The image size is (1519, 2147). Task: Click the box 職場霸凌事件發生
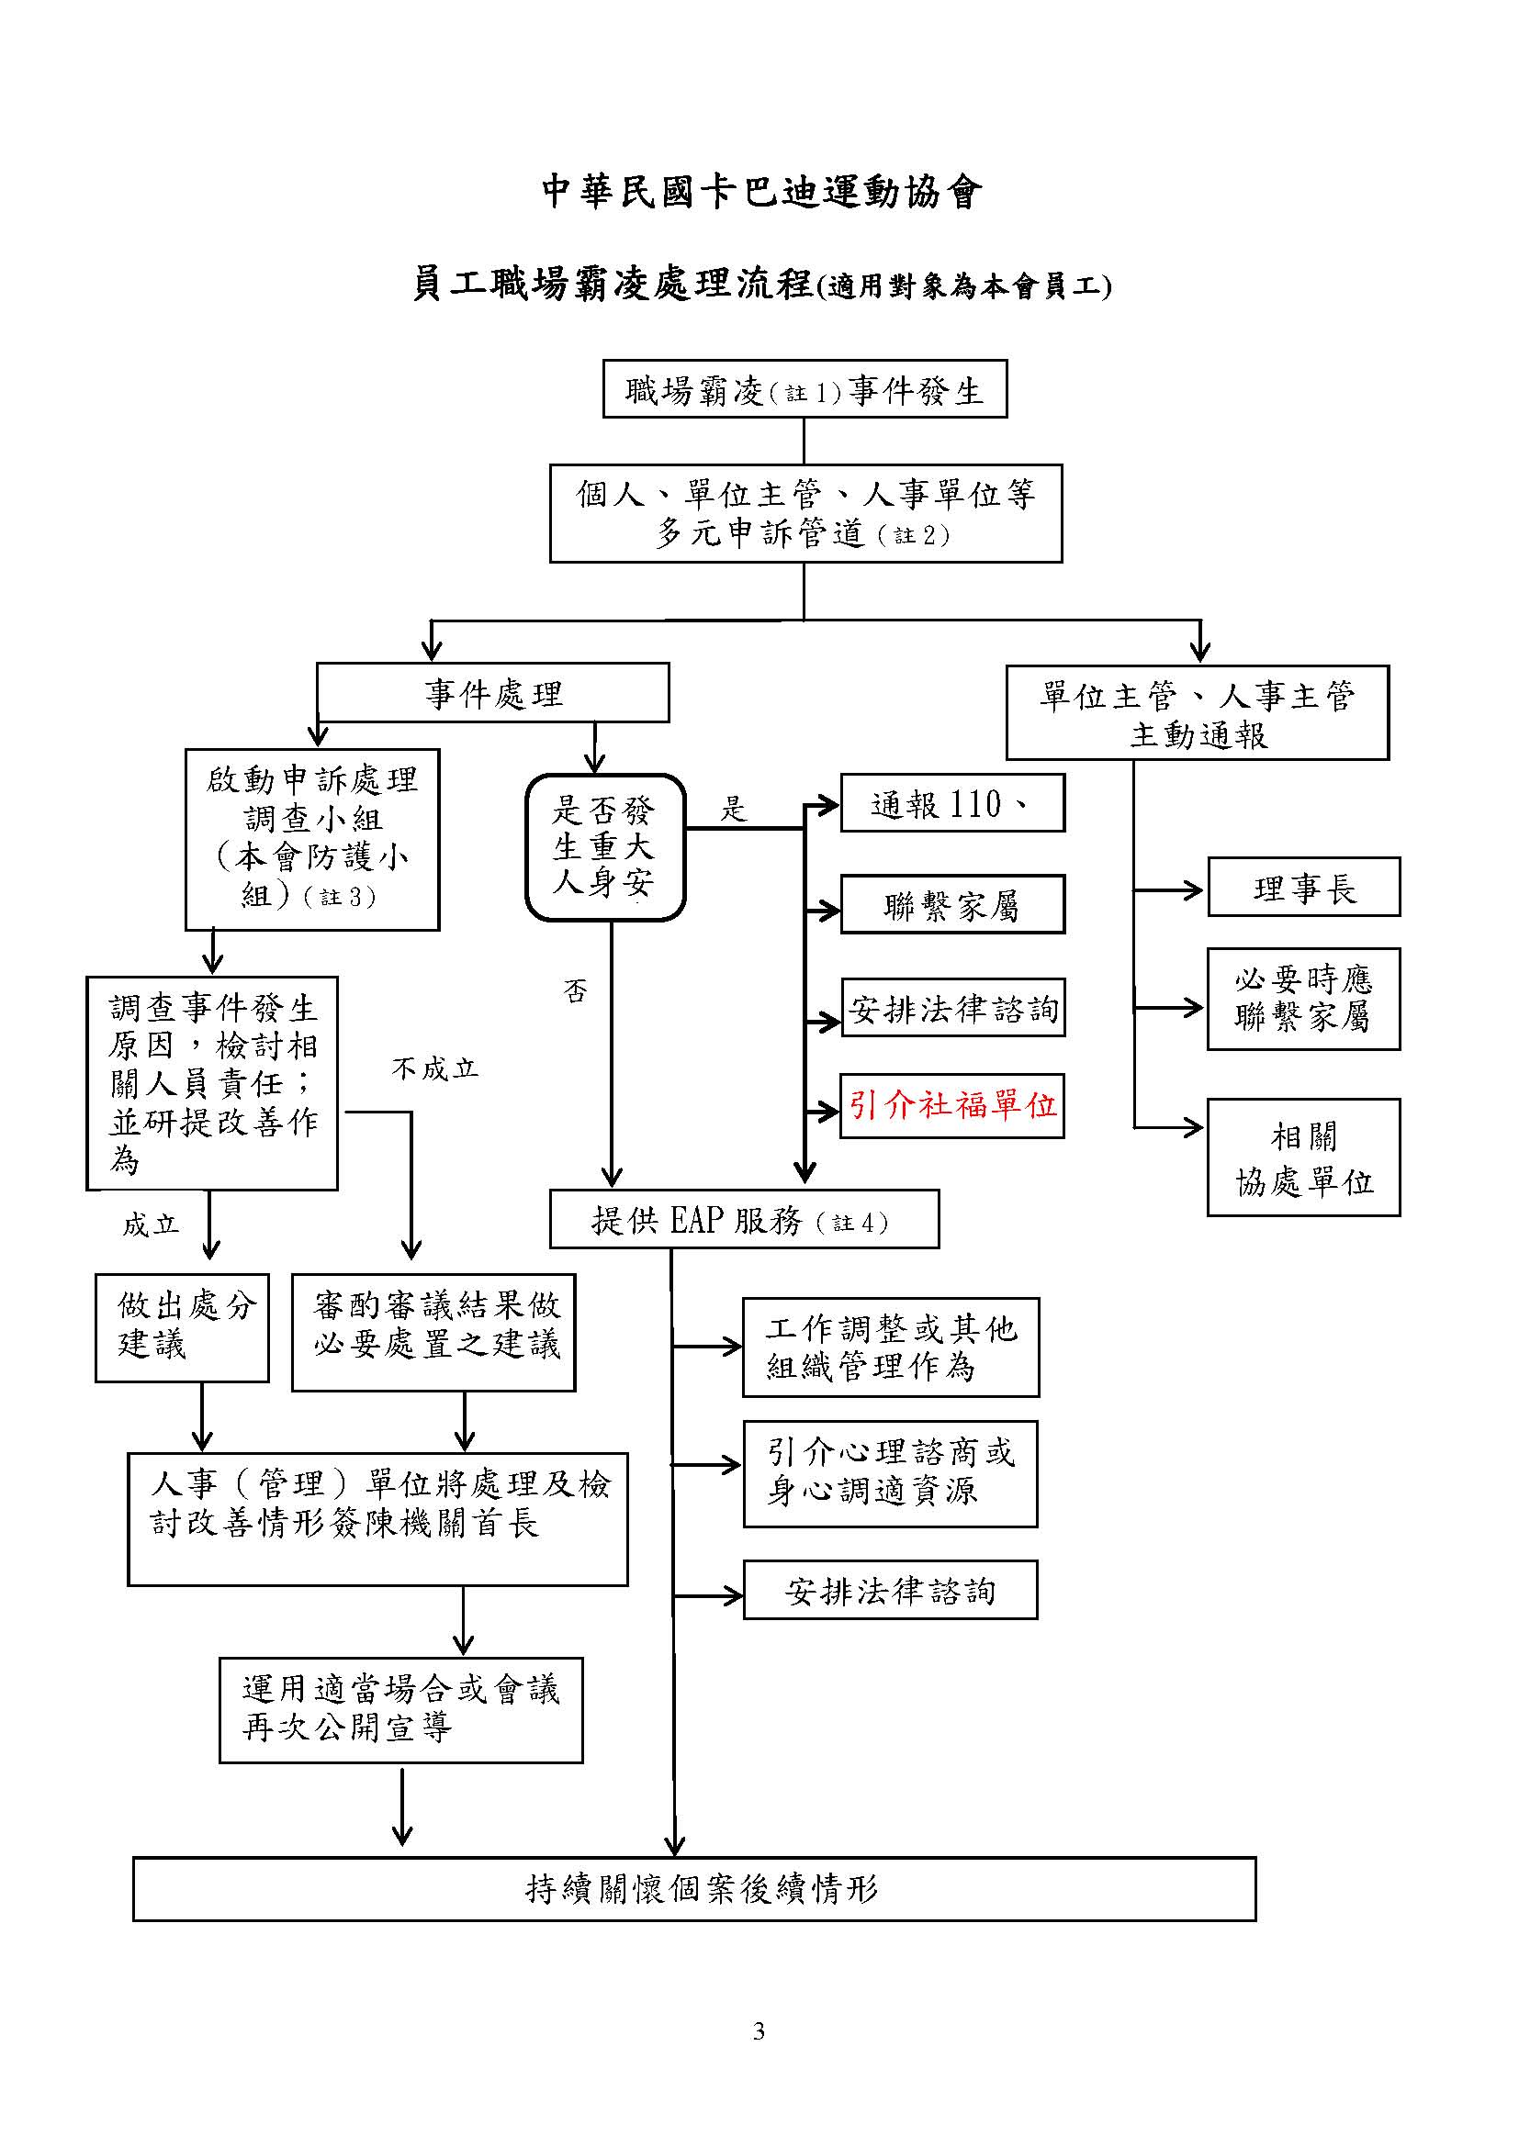[x=805, y=388]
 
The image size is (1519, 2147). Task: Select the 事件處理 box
[x=493, y=692]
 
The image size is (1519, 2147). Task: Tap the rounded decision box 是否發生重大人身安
[x=605, y=847]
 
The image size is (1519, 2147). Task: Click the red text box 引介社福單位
[x=952, y=1105]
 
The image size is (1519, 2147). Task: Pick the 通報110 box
[x=952, y=802]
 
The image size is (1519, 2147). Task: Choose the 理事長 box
[x=1303, y=887]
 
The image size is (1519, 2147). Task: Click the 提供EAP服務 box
[x=744, y=1218]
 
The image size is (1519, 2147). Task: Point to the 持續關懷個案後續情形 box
[x=694, y=1889]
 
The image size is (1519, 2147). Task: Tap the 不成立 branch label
[x=435, y=1068]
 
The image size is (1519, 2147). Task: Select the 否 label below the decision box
[x=575, y=990]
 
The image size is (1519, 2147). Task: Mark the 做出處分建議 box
[x=182, y=1327]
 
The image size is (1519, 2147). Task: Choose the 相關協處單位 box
[x=1303, y=1157]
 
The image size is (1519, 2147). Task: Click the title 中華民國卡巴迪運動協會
[x=761, y=192]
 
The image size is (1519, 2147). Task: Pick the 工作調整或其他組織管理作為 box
[x=891, y=1347]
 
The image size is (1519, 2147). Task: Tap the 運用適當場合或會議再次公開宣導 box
[x=400, y=1710]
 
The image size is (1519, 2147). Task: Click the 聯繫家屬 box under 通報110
[x=952, y=904]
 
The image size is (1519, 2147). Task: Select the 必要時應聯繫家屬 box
[x=1303, y=999]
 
